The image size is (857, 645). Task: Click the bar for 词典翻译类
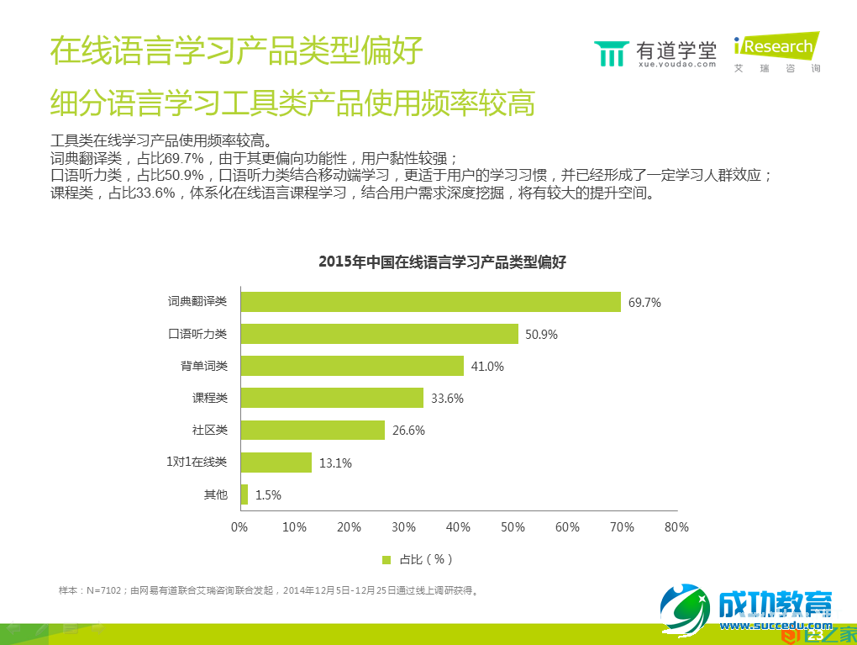(430, 302)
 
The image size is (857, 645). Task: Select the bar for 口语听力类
(379, 334)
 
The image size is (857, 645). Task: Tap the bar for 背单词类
(352, 366)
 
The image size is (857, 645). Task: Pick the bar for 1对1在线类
(276, 462)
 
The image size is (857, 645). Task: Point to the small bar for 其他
(244, 494)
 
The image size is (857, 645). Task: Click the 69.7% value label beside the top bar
(644, 303)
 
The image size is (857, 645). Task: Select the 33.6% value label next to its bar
(447, 399)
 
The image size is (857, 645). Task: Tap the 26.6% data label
(408, 431)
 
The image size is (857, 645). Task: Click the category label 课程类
(210, 398)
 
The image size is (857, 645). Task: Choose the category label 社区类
(210, 430)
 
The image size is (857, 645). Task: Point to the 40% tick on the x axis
(458, 527)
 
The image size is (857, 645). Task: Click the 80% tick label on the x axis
(676, 527)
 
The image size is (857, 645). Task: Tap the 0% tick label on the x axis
(239, 527)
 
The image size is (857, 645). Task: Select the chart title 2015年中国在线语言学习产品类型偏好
(443, 262)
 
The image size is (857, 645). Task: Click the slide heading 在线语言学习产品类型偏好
(236, 50)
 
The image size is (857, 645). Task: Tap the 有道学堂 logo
(655, 52)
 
